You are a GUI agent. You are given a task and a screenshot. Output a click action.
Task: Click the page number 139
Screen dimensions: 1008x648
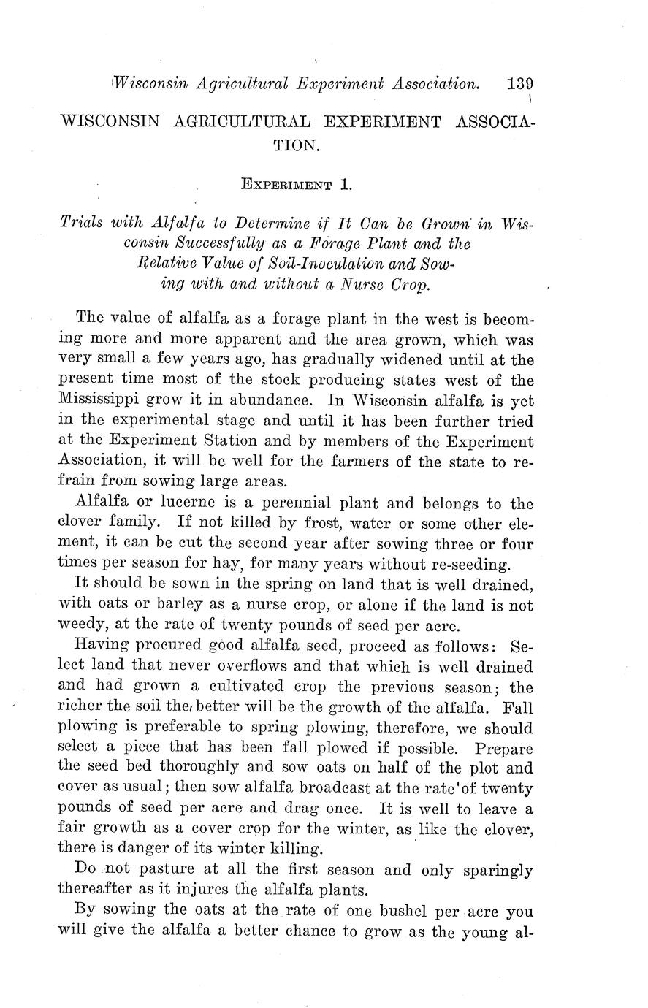point(520,84)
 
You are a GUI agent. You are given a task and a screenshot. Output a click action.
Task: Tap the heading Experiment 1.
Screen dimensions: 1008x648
point(296,185)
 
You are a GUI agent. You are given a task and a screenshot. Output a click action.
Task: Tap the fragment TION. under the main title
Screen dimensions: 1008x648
point(296,145)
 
